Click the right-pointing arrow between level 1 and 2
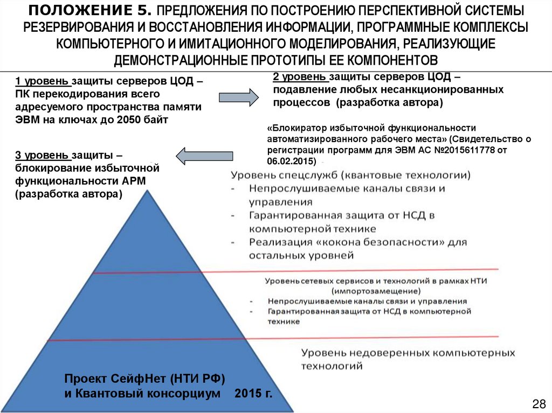238,97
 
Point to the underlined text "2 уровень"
299,78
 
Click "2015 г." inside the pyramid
253,394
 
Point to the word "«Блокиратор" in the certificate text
296,128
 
